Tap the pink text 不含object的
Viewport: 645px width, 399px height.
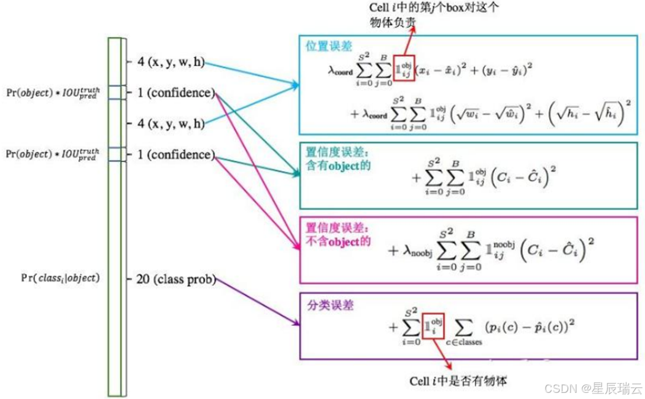click(x=338, y=241)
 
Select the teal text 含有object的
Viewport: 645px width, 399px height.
click(x=338, y=166)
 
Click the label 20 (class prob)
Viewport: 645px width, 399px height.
click(x=176, y=279)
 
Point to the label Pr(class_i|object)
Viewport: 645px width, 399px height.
click(x=60, y=278)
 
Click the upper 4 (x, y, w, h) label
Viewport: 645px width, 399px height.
click(x=171, y=61)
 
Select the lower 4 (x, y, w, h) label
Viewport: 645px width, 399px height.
click(x=171, y=123)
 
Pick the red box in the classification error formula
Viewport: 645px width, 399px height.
click(x=433, y=324)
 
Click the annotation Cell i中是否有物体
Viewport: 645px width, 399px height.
click(x=458, y=381)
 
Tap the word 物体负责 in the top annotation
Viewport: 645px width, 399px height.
click(x=400, y=23)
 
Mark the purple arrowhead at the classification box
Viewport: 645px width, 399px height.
click(x=296, y=323)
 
